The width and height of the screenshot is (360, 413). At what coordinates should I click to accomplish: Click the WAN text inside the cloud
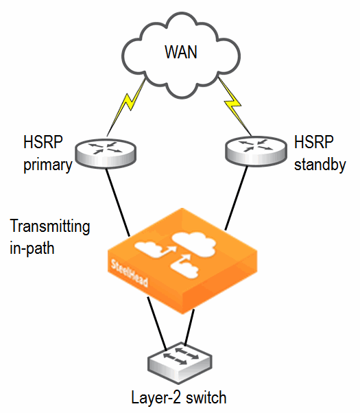pos(181,52)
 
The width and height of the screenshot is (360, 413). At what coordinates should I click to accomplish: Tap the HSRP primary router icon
pos(106,153)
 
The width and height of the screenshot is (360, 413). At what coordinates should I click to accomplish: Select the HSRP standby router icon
pos(256,151)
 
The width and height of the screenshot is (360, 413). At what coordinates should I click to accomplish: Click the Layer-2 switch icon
pos(180,363)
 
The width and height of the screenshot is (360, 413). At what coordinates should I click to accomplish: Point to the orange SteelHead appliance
pos(182,261)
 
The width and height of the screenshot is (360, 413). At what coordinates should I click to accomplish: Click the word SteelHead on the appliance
pos(129,274)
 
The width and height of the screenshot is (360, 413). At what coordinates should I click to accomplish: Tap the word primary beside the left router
pos(48,165)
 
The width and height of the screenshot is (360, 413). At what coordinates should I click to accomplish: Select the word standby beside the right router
pos(320,165)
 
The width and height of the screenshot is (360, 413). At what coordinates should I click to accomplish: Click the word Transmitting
pos(50,226)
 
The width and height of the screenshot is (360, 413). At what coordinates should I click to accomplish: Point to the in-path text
pos(32,248)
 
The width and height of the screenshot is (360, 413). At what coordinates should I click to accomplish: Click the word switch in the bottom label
pos(206,398)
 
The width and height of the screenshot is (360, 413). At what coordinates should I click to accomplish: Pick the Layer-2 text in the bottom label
pos(156,398)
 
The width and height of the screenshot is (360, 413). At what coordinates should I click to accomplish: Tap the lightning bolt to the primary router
pos(126,108)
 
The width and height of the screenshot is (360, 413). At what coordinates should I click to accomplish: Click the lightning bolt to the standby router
pos(235,106)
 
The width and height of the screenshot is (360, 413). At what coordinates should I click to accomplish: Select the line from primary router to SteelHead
pos(118,202)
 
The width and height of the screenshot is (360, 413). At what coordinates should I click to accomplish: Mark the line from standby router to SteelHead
pos(236,198)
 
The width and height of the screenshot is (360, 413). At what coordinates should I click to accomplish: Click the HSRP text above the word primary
pos(43,142)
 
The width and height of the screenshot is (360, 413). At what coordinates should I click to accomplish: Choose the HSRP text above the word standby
pos(314,142)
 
